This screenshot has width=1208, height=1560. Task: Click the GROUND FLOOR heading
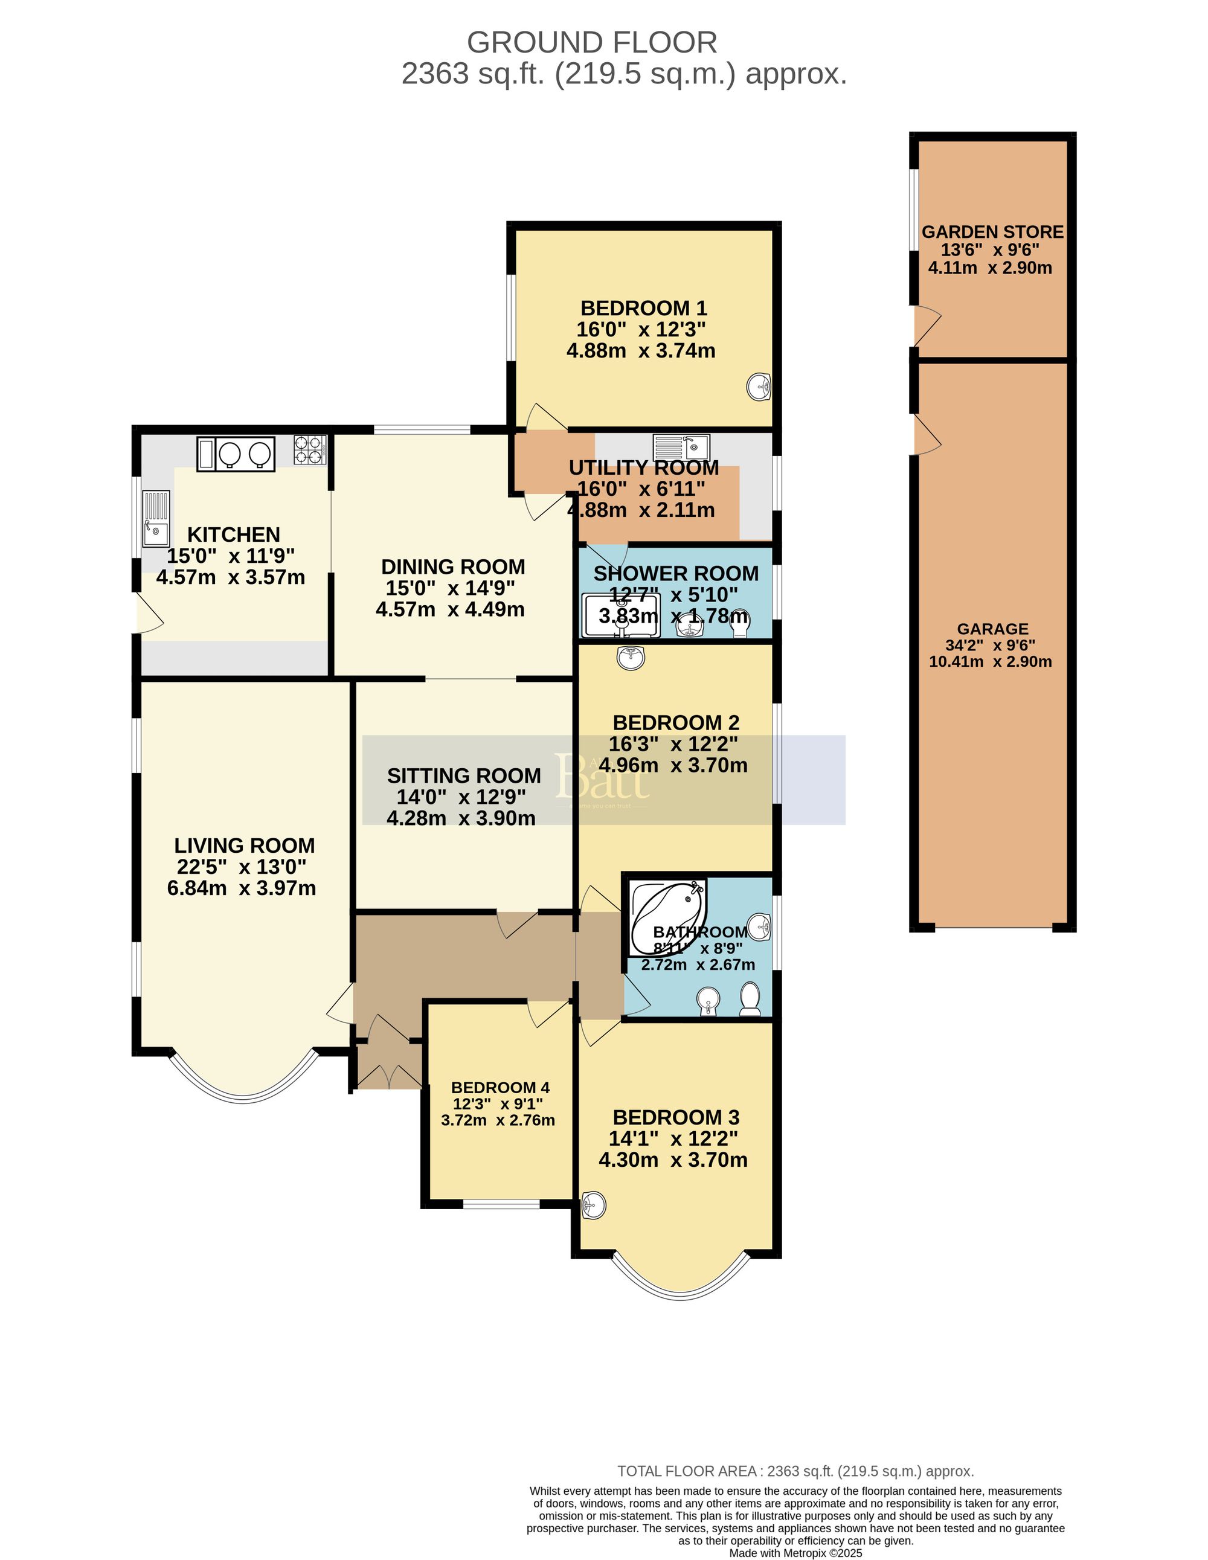pyautogui.click(x=591, y=43)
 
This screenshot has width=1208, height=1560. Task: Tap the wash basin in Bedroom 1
pyautogui.click(x=759, y=387)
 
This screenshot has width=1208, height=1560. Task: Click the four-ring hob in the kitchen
pyautogui.click(x=310, y=450)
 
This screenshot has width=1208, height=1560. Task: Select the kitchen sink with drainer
pyautogui.click(x=156, y=518)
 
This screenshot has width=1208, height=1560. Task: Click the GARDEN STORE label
pyautogui.click(x=992, y=232)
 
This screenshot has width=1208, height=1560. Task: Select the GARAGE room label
pyautogui.click(x=992, y=629)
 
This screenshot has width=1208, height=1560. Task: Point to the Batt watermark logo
pyautogui.click(x=602, y=778)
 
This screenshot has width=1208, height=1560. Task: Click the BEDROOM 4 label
pyautogui.click(x=500, y=1087)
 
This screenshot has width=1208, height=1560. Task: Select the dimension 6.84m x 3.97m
pyautogui.click(x=242, y=888)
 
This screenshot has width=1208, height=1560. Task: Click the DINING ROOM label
pyautogui.click(x=453, y=567)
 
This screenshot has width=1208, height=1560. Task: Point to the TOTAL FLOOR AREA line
pyautogui.click(x=795, y=1471)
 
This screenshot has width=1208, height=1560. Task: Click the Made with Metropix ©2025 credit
pyautogui.click(x=795, y=1553)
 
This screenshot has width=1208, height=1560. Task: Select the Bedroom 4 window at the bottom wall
pyautogui.click(x=501, y=1204)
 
